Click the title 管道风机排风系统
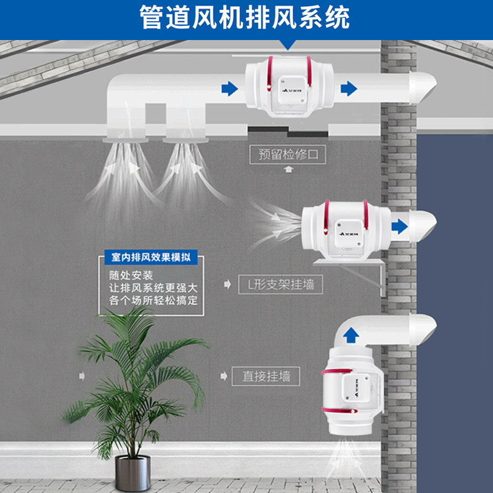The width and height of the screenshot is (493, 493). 246,17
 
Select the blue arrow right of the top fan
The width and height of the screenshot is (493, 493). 349,88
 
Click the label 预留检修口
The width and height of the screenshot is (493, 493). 287,153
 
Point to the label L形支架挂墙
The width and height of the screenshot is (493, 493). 280,285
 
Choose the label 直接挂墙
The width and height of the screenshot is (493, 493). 266,375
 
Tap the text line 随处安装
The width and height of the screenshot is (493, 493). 128,275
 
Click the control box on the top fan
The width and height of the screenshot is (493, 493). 291,88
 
